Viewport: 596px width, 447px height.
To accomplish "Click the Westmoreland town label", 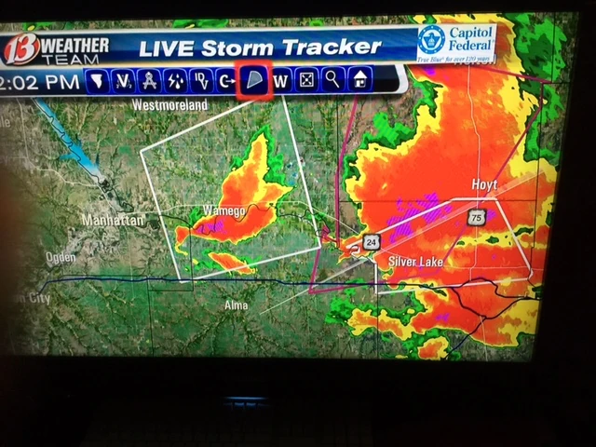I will [x=169, y=106].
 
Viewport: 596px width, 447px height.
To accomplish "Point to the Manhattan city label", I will [x=114, y=221].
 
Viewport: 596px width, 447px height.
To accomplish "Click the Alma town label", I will [x=237, y=305].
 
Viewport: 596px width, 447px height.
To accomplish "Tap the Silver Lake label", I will [x=415, y=263].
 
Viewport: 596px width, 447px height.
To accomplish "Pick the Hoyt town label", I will [x=487, y=185].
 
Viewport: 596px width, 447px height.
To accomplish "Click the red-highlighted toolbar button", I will [x=254, y=81].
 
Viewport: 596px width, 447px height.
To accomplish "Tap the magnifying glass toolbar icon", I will [x=332, y=80].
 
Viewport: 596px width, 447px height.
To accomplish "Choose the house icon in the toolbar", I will [x=359, y=80].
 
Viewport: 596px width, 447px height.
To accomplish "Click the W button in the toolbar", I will [x=281, y=81].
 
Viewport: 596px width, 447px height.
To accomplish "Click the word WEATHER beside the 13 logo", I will [x=76, y=43].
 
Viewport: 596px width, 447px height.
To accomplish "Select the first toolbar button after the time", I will [x=95, y=82].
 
